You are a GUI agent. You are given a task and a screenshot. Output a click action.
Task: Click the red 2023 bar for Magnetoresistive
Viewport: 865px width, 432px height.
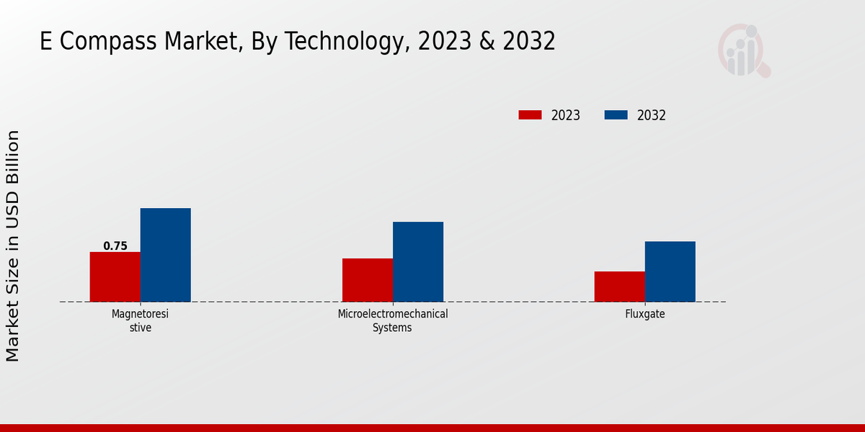pyautogui.click(x=115, y=277)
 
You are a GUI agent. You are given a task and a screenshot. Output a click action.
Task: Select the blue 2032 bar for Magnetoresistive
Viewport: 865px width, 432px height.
pyautogui.click(x=165, y=255)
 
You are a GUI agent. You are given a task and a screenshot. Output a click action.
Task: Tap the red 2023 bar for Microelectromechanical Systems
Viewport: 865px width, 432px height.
pyautogui.click(x=368, y=280)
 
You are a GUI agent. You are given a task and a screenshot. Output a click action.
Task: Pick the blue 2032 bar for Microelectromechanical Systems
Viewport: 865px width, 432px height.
pyautogui.click(x=418, y=262)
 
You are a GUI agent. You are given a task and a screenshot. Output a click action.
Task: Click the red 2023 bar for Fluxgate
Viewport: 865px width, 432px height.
pyautogui.click(x=619, y=287)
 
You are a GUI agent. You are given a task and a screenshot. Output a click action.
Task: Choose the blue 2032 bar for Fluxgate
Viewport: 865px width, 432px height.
pyautogui.click(x=670, y=271)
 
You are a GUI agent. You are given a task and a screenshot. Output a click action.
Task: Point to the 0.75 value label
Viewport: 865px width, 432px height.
pyautogui.click(x=115, y=246)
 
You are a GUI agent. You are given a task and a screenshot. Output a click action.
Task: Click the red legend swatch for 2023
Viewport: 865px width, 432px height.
pyautogui.click(x=530, y=115)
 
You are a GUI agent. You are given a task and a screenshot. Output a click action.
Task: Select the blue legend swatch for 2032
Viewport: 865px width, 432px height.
pyautogui.click(x=616, y=115)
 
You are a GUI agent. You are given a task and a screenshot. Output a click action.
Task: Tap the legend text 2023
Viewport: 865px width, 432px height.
pyautogui.click(x=566, y=115)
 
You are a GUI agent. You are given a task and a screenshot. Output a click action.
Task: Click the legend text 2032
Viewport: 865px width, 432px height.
pyautogui.click(x=652, y=115)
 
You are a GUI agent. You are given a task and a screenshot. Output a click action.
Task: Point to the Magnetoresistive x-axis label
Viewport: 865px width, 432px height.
pyautogui.click(x=141, y=320)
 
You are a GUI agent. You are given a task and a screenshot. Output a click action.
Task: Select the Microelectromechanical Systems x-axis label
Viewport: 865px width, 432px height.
pyautogui.click(x=393, y=320)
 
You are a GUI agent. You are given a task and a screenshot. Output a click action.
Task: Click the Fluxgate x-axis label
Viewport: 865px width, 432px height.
pyautogui.click(x=645, y=315)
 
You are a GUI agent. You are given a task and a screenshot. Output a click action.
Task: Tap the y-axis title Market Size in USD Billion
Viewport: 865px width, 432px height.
pyautogui.click(x=13, y=246)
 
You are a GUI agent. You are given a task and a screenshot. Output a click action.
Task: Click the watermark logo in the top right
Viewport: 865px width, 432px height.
pyautogui.click(x=744, y=50)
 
